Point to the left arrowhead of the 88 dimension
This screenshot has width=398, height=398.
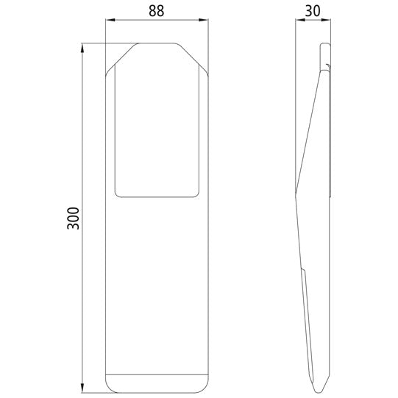pyautogui.click(x=109, y=21)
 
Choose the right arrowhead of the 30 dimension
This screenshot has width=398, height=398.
pyautogui.click(x=330, y=21)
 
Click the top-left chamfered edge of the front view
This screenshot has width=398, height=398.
pyautogui.click(x=121, y=58)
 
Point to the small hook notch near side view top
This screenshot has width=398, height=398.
pyautogui.click(x=324, y=70)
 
